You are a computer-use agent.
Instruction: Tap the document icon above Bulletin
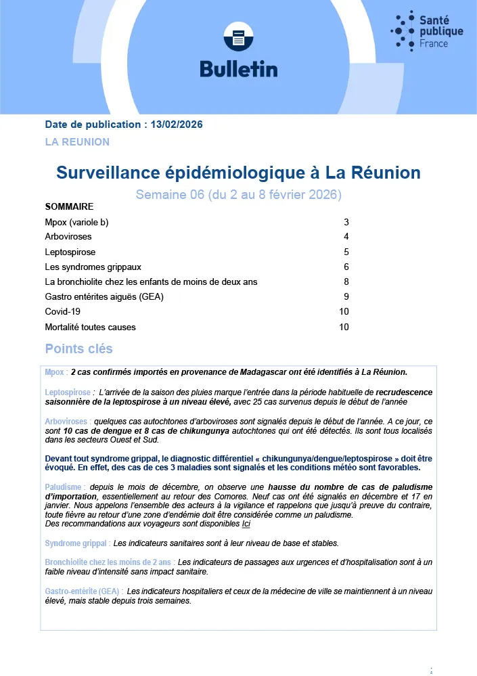tap(238, 39)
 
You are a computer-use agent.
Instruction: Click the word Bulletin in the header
tap(238, 69)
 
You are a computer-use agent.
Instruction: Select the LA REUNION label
tap(77, 142)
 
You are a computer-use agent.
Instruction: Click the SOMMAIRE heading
tap(69, 206)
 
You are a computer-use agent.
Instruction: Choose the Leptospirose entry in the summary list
tap(70, 252)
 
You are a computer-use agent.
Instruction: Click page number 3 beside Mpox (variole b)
tap(346, 222)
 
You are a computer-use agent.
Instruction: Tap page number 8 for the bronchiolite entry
tap(346, 281)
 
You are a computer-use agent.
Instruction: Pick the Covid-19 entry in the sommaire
tap(63, 312)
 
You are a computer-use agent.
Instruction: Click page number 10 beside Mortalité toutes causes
tap(344, 327)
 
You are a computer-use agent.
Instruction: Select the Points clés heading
tap(78, 349)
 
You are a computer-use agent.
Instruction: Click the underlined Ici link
tap(246, 524)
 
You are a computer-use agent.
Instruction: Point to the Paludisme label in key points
tap(65, 487)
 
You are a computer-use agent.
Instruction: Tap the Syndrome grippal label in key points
tap(78, 543)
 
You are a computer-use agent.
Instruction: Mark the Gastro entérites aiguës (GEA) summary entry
tap(104, 296)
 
